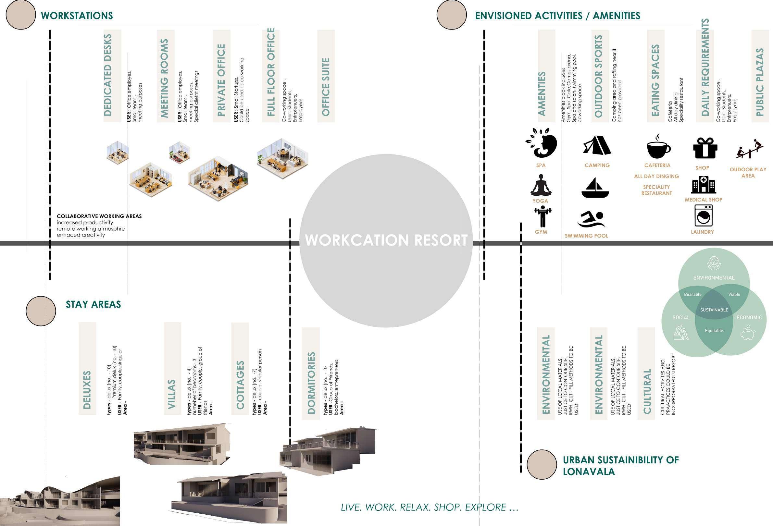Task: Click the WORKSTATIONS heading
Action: [77, 16]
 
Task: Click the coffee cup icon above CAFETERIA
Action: [658, 147]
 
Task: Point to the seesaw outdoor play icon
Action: [748, 150]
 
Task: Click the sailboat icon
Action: [595, 188]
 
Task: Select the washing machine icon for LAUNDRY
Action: [704, 215]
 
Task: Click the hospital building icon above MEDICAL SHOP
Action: [703, 185]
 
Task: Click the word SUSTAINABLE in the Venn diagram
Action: [714, 310]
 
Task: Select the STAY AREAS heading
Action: [93, 305]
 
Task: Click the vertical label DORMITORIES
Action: [311, 383]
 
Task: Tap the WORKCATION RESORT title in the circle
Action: [386, 240]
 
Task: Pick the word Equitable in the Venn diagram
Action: [714, 331]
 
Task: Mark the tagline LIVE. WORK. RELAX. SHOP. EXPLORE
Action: [430, 508]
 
